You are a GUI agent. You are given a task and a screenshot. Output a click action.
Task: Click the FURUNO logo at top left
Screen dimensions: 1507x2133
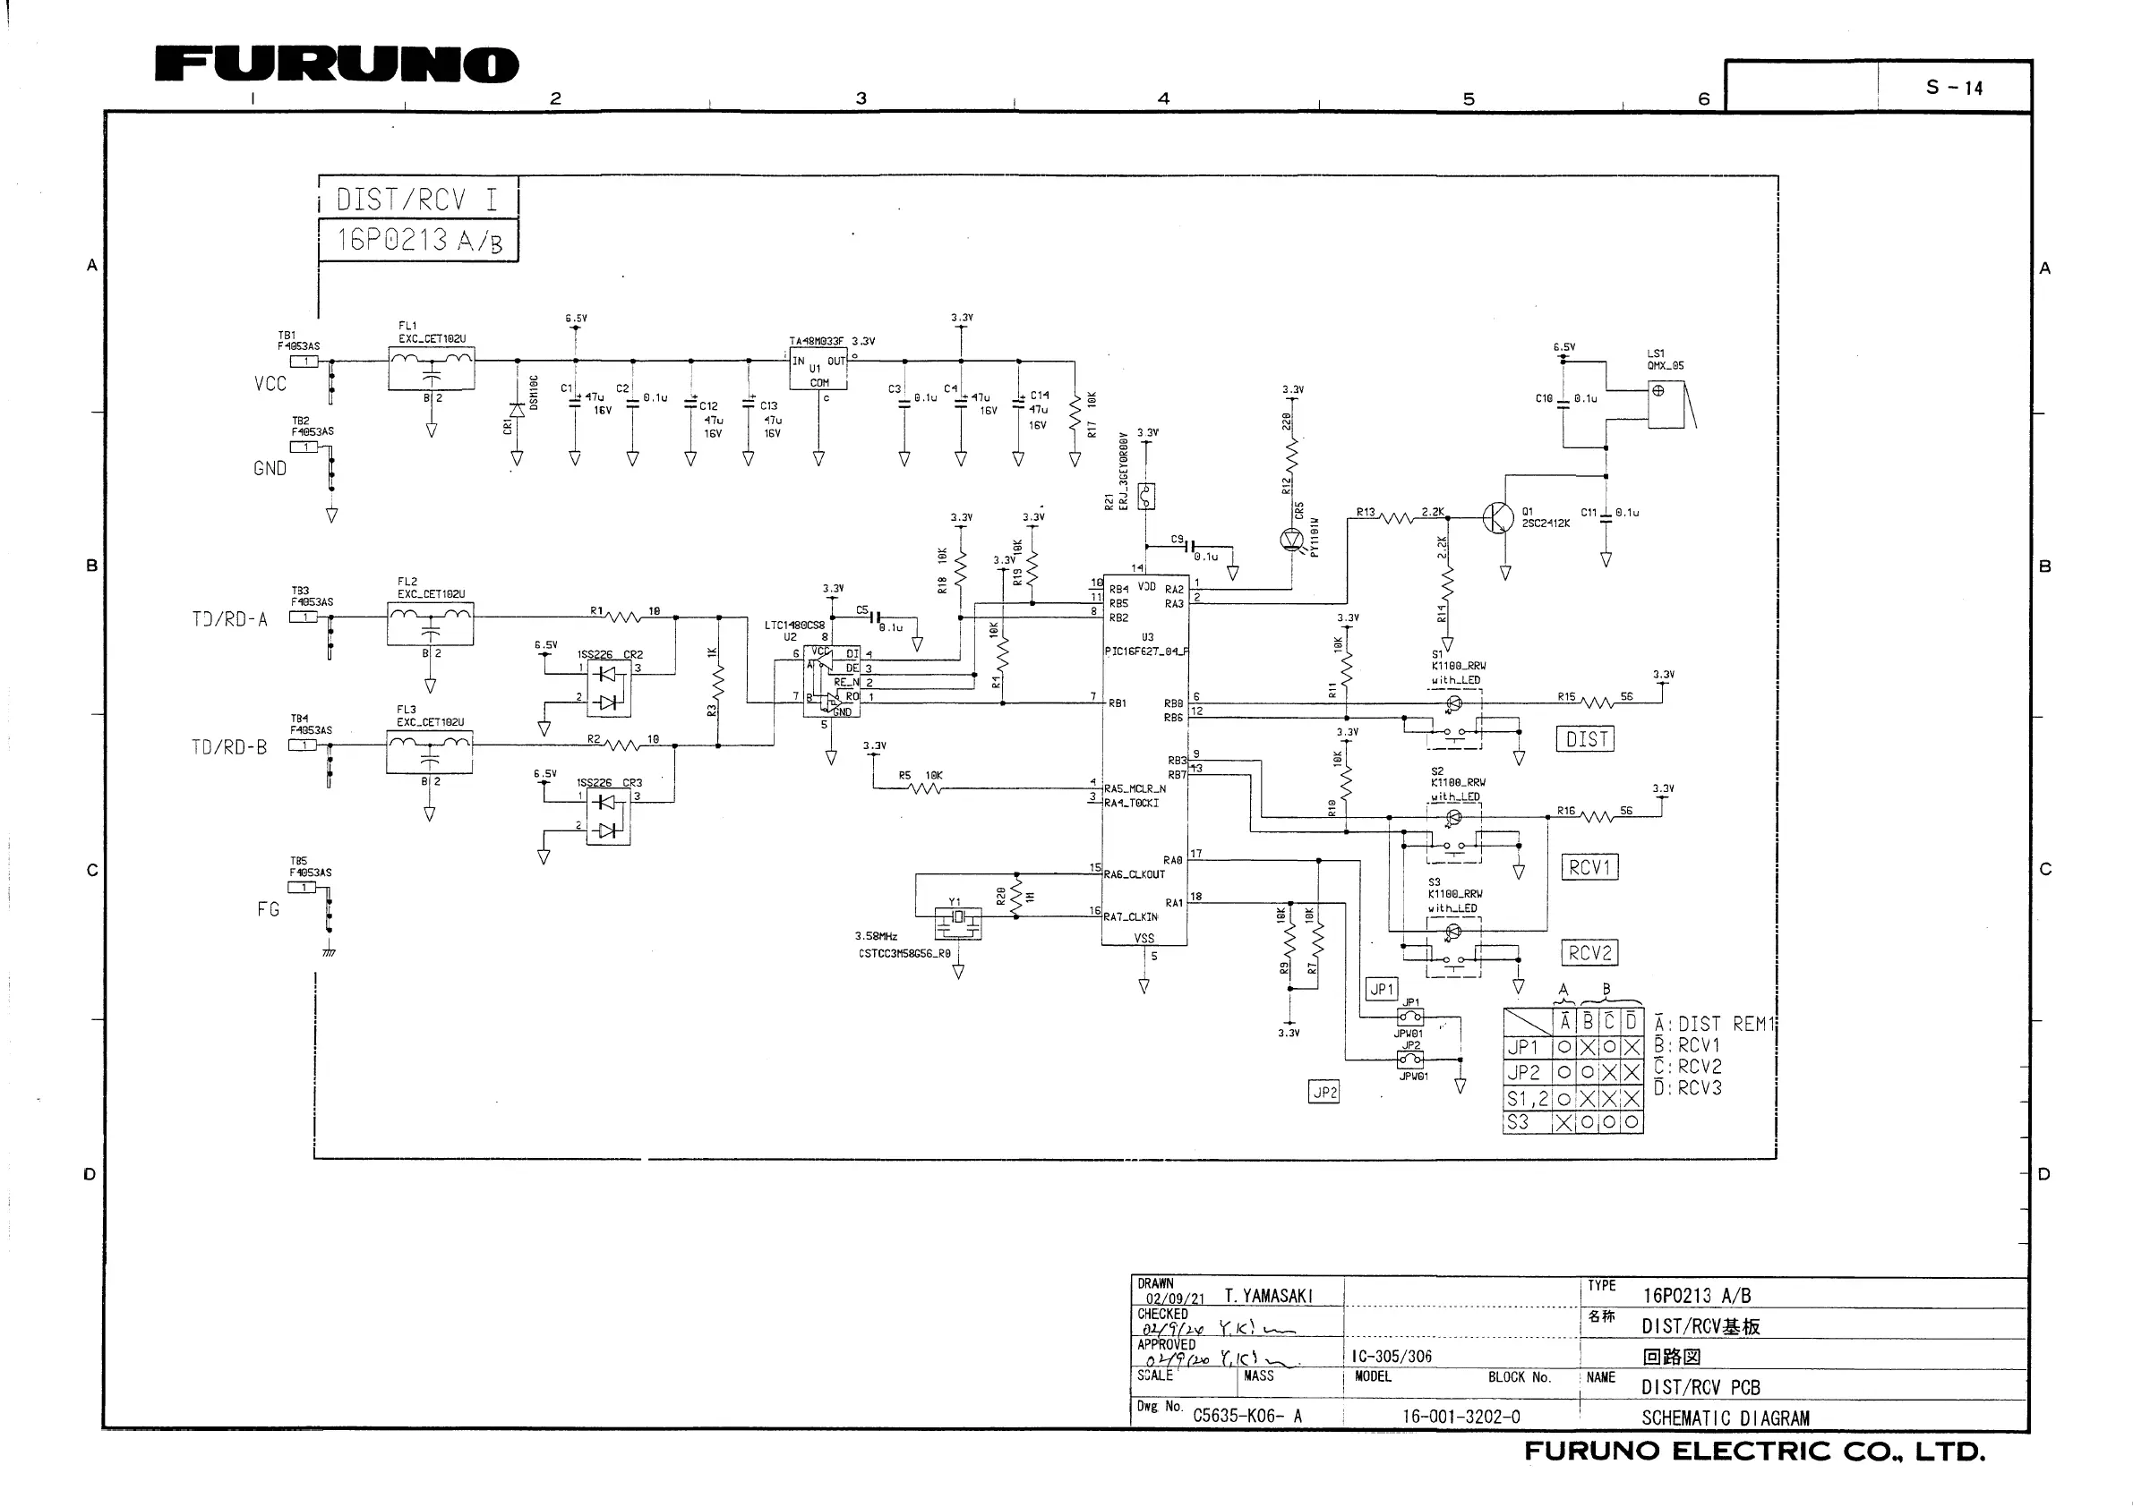[x=337, y=65]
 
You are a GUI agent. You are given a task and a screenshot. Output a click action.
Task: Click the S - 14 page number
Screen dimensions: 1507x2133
[x=1954, y=88]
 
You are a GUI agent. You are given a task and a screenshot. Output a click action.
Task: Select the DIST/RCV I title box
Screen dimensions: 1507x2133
[x=417, y=199]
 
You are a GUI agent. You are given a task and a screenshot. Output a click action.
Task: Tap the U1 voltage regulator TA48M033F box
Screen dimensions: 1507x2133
[x=818, y=370]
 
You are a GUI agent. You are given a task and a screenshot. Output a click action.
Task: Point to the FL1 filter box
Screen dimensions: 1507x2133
[x=431, y=369]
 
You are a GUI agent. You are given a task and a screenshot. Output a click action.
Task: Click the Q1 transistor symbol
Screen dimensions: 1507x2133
[x=1497, y=517]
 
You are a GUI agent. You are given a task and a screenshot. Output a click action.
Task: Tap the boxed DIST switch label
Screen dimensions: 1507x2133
[x=1586, y=739]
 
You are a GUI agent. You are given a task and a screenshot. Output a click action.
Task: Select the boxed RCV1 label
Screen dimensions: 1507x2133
[x=1589, y=867]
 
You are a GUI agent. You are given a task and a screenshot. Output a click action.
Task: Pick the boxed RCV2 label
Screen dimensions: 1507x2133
[x=1589, y=953]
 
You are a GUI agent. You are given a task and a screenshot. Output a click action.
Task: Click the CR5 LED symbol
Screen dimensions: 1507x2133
[x=1292, y=538]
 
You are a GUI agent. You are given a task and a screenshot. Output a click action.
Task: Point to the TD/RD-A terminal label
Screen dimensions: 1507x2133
[x=229, y=619]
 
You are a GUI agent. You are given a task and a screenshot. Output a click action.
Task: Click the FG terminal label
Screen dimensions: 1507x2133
[x=269, y=910]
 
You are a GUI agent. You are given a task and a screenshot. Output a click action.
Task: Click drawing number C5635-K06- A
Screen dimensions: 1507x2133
[x=1246, y=1416]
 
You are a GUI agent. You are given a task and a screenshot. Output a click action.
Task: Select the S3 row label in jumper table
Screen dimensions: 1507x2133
[x=1517, y=1122]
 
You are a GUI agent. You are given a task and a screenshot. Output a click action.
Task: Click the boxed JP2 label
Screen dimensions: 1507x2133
[x=1323, y=1092]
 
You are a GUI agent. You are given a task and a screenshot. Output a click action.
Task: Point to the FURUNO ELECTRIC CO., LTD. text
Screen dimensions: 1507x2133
[x=1754, y=1452]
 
